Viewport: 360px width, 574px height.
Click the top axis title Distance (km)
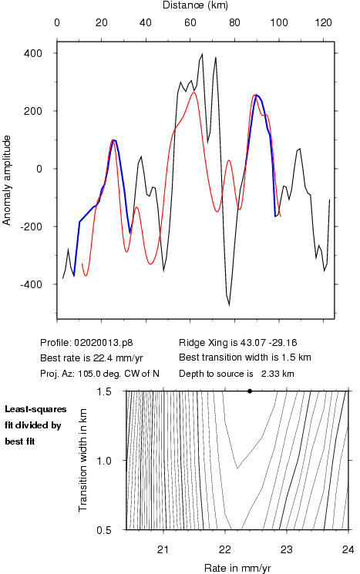195,5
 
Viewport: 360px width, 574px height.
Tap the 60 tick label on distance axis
190,22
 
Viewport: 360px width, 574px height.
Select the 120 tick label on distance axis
323,22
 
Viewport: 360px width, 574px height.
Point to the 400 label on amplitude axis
33,53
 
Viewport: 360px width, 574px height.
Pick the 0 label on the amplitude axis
39,169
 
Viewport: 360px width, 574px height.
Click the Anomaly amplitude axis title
7,180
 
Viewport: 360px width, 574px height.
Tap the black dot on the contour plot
250,391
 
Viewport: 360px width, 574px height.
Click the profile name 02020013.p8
103,343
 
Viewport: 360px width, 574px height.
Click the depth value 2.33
271,374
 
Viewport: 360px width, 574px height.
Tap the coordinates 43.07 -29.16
268,343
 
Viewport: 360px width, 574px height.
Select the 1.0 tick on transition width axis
104,461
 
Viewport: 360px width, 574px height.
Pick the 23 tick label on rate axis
287,549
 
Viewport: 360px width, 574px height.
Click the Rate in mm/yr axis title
237,568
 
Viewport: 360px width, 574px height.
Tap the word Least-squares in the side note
35,409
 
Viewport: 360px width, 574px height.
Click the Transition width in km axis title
83,460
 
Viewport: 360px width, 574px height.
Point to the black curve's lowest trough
229,304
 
